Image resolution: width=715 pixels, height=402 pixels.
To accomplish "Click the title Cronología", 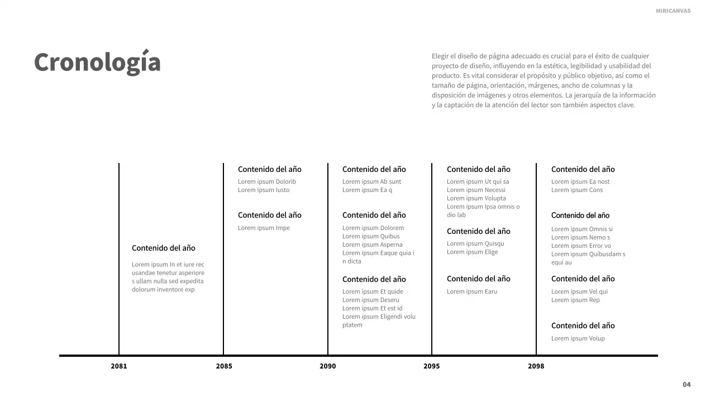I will tap(97, 62).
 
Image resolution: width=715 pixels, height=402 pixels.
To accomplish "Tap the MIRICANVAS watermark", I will tap(673, 11).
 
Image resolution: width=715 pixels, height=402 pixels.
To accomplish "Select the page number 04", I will tap(687, 384).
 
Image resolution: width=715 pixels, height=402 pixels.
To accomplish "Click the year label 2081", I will tap(118, 366).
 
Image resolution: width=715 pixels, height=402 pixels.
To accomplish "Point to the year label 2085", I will tap(224, 366).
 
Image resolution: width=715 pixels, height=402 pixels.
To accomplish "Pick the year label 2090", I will tap(328, 366).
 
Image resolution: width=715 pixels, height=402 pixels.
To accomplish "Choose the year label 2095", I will tap(431, 366).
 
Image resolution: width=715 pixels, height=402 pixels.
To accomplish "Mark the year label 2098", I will tap(536, 366).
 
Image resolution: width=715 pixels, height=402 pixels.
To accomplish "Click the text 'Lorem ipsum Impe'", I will tap(264, 228).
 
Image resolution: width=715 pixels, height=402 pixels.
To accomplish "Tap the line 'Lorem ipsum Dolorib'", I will tap(267, 181).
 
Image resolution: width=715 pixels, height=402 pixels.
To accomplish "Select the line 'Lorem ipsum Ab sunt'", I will tap(371, 181).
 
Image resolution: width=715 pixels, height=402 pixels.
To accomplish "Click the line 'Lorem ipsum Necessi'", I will tap(476, 190).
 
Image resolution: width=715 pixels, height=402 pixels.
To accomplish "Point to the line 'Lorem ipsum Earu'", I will tap(472, 291).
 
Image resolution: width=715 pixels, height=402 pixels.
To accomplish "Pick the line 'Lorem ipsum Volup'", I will tap(578, 338).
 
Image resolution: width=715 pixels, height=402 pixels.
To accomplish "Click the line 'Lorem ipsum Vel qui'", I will tap(579, 291).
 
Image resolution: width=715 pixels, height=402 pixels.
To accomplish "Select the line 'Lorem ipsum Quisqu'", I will tap(475, 243).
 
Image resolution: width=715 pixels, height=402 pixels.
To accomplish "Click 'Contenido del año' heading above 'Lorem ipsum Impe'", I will tap(269, 215).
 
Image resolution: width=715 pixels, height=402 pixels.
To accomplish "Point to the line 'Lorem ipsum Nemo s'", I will tap(580, 237).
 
